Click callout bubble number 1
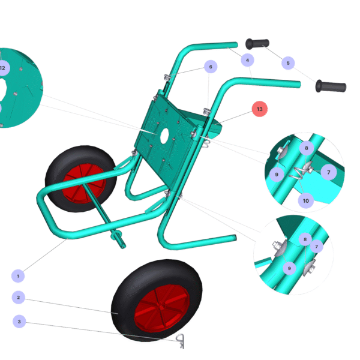tap(18, 276)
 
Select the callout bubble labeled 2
tap(19, 298)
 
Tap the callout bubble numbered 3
tap(19, 322)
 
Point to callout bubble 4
tap(247, 60)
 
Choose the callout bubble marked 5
tap(288, 63)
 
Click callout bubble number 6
tap(211, 67)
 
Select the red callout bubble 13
tap(260, 109)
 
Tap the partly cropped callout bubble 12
tap(3, 68)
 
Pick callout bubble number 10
tap(306, 201)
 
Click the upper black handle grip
tap(257, 44)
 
